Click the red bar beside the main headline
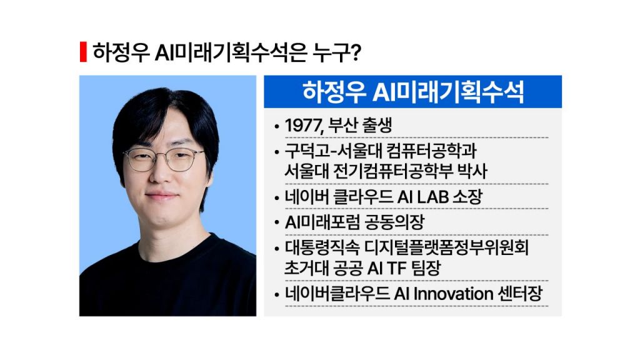tap(83, 52)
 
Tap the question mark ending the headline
tap(356, 52)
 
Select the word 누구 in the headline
tap(329, 52)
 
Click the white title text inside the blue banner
tap(412, 92)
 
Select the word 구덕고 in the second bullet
tap(307, 151)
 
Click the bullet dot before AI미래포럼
tap(277, 224)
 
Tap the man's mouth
tap(162, 196)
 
